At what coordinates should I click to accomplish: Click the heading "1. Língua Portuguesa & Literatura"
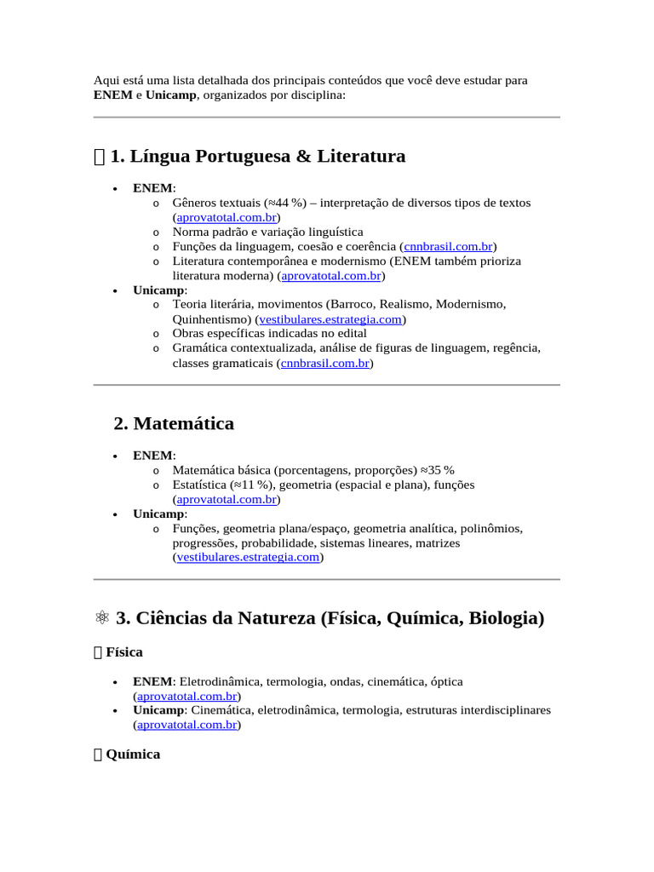pyautogui.click(x=257, y=157)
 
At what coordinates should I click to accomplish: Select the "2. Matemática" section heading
pyautogui.click(x=174, y=423)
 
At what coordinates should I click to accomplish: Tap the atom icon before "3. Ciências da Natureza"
pyautogui.click(x=100, y=619)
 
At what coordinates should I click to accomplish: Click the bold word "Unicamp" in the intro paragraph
pyautogui.click(x=170, y=95)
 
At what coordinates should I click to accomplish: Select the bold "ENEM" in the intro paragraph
pyautogui.click(x=112, y=95)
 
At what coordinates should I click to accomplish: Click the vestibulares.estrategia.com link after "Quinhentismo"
pyautogui.click(x=330, y=319)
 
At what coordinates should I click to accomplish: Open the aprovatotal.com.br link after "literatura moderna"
pyautogui.click(x=331, y=276)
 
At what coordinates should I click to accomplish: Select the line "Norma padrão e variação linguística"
pyautogui.click(x=267, y=232)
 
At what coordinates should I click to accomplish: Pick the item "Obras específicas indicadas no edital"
pyautogui.click(x=269, y=334)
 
